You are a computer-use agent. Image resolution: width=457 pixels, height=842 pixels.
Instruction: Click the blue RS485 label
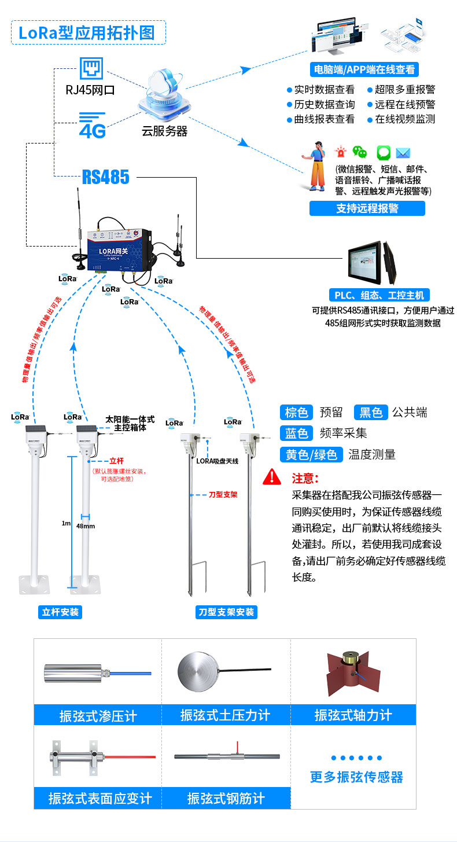click(105, 177)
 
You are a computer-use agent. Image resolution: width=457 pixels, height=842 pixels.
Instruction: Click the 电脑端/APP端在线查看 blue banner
click(364, 69)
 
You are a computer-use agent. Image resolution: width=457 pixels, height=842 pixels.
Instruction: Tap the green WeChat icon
click(360, 153)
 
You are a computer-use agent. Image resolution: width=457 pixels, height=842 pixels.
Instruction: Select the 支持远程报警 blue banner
click(367, 208)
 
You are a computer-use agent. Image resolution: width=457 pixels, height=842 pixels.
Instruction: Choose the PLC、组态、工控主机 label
click(379, 295)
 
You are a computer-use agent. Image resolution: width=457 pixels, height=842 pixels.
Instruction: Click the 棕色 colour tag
click(297, 412)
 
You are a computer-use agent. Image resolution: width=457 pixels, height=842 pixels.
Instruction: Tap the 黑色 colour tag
click(370, 412)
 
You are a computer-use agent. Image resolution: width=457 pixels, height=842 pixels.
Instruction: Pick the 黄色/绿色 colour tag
click(311, 454)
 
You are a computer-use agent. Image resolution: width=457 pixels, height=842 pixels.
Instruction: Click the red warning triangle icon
click(271, 478)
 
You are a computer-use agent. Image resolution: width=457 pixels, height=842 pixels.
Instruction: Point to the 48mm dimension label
click(85, 527)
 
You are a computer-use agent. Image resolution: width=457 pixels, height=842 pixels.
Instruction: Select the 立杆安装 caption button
click(61, 612)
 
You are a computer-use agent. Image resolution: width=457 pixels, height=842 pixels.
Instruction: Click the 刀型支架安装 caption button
click(226, 612)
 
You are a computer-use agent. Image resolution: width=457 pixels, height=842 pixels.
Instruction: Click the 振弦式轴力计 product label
click(353, 715)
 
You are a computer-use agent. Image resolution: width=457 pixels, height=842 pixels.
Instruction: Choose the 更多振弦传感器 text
click(356, 777)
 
